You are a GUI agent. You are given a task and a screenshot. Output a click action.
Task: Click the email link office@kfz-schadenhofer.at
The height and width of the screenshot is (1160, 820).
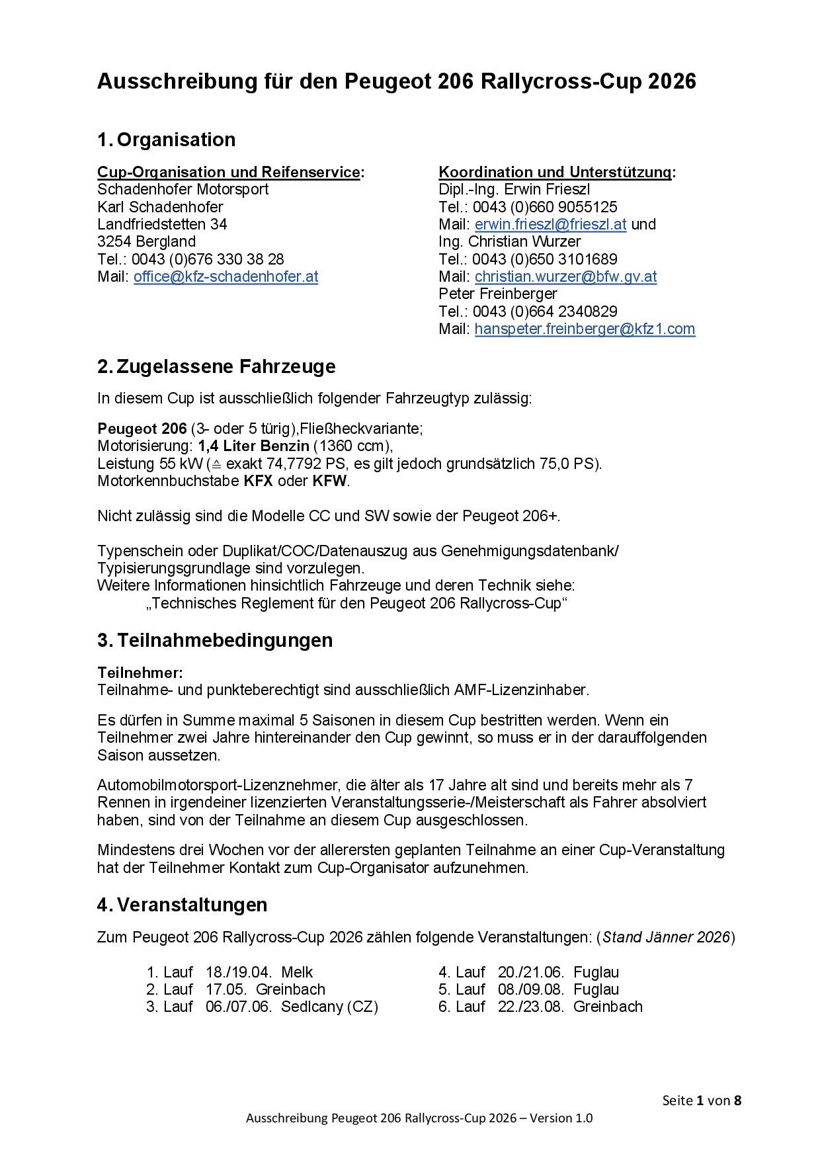pyautogui.click(x=225, y=276)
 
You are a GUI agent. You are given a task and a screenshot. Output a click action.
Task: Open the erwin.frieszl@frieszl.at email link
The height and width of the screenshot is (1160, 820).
pyautogui.click(x=550, y=224)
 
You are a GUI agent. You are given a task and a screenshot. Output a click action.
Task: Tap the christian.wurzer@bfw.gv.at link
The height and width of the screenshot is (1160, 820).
pyautogui.click(x=565, y=276)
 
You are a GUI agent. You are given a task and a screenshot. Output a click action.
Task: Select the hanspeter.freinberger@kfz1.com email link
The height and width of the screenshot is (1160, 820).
pyautogui.click(x=585, y=329)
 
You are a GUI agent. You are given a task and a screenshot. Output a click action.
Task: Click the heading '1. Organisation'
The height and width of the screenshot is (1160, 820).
pyautogui.click(x=166, y=140)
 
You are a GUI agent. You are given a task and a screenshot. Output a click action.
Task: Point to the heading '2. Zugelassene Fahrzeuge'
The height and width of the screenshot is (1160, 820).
pyautogui.click(x=216, y=366)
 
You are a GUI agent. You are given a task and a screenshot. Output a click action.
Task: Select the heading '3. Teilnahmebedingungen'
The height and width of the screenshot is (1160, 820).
pyautogui.click(x=215, y=640)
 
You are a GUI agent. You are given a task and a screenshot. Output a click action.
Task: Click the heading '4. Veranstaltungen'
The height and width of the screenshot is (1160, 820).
pyautogui.click(x=182, y=905)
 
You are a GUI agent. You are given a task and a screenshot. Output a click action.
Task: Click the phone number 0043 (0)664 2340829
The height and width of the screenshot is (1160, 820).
pyautogui.click(x=545, y=311)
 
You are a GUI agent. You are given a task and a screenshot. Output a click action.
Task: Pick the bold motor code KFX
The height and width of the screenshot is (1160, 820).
pyautogui.click(x=258, y=481)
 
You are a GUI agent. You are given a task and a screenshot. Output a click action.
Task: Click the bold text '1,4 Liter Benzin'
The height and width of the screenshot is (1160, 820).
pyautogui.click(x=253, y=446)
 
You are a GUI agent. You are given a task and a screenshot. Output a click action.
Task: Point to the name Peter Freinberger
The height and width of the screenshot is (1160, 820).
pyautogui.click(x=498, y=294)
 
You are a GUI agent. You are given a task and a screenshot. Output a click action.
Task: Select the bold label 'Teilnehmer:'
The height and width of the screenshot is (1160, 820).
pyautogui.click(x=140, y=673)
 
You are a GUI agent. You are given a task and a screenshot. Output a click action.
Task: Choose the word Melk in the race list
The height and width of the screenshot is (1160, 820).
pyautogui.click(x=297, y=972)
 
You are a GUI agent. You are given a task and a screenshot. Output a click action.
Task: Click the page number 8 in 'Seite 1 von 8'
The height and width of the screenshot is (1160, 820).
pyautogui.click(x=737, y=1100)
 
